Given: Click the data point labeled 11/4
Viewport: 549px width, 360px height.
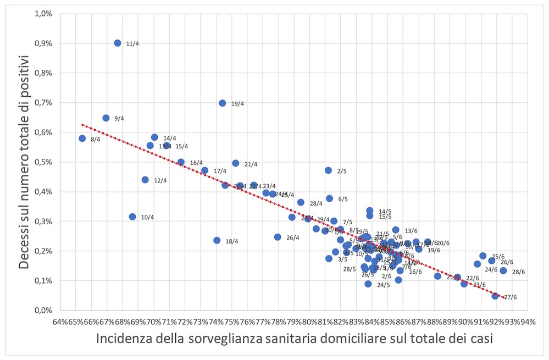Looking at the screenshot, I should coord(118,43).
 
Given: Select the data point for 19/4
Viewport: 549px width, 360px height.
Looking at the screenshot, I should coord(223,103).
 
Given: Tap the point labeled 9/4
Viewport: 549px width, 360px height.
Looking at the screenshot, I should coord(106,118).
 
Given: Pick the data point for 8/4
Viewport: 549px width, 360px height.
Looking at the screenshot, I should coord(82,139).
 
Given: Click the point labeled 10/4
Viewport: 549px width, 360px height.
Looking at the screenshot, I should coord(132,217).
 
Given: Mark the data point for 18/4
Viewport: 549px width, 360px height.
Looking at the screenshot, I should coord(217,240).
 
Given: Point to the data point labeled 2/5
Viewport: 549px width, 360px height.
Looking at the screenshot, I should coord(329,170).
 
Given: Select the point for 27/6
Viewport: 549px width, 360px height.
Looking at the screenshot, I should coord(495,296).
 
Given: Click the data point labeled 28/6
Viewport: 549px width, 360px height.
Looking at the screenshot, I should coord(503,270).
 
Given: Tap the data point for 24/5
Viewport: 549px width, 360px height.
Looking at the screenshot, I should coord(368,284).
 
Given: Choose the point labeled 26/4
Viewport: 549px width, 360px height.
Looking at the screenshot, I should coord(278,237).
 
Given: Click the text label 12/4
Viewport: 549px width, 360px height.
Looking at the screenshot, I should coord(162,180).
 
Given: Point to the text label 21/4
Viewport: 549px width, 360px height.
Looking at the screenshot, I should coord(251,164).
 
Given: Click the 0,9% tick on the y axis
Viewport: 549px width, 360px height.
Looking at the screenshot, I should coord(44,43).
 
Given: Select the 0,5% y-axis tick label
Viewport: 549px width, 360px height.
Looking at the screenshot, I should coord(44,162).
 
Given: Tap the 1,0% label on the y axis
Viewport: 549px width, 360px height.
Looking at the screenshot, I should coord(44,14).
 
